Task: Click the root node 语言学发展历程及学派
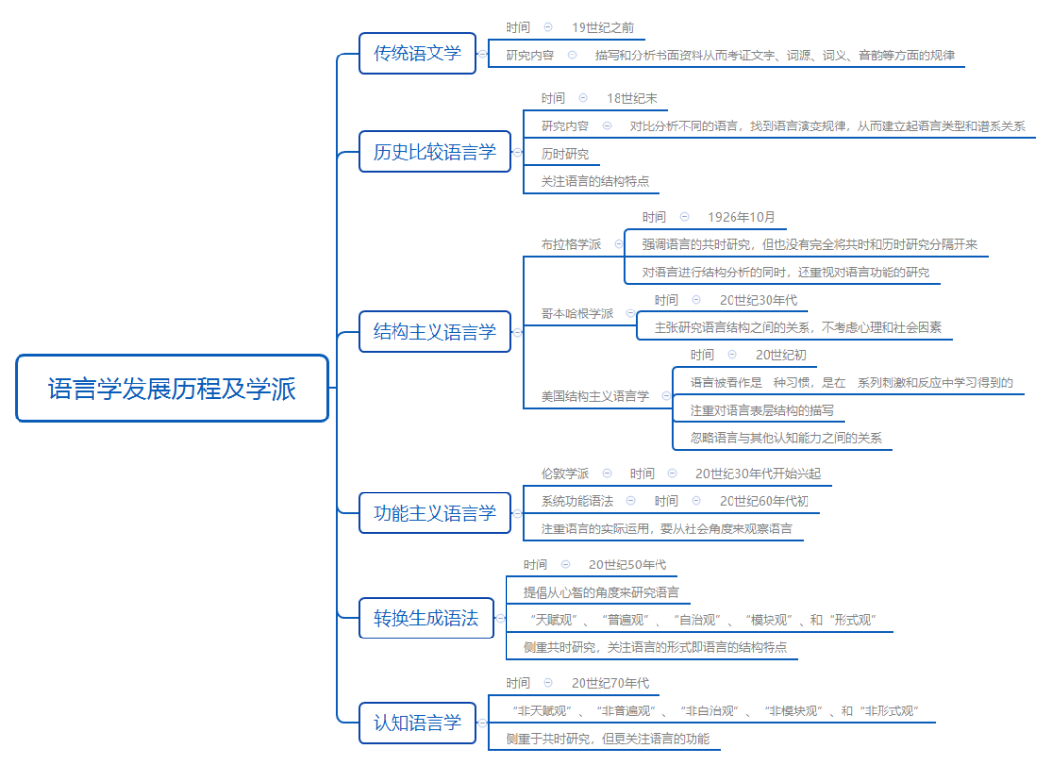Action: pyautogui.click(x=171, y=389)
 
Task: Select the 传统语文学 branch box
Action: pyautogui.click(x=417, y=54)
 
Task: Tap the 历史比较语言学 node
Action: pyautogui.click(x=434, y=152)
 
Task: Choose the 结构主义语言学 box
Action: pyautogui.click(x=434, y=332)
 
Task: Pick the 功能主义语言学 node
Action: pyautogui.click(x=434, y=513)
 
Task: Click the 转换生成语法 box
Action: pyautogui.click(x=426, y=618)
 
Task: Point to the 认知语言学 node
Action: pyautogui.click(x=417, y=723)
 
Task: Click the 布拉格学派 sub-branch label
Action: pyautogui.click(x=571, y=244)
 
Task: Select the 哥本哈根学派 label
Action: pyautogui.click(x=577, y=313)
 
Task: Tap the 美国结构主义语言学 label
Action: pyautogui.click(x=594, y=396)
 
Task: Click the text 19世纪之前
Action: pyautogui.click(x=602, y=28)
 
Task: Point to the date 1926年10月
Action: pyautogui.click(x=741, y=217)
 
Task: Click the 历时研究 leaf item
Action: pyautogui.click(x=565, y=154)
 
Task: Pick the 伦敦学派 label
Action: pyautogui.click(x=565, y=474)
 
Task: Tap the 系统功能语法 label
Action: pyautogui.click(x=577, y=501)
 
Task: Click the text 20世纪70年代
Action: pyautogui.click(x=610, y=683)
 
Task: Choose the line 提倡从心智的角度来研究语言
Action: pyautogui.click(x=600, y=592)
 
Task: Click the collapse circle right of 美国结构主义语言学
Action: pyautogui.click(x=666, y=396)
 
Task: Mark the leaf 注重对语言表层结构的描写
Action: pyautogui.click(x=762, y=411)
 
